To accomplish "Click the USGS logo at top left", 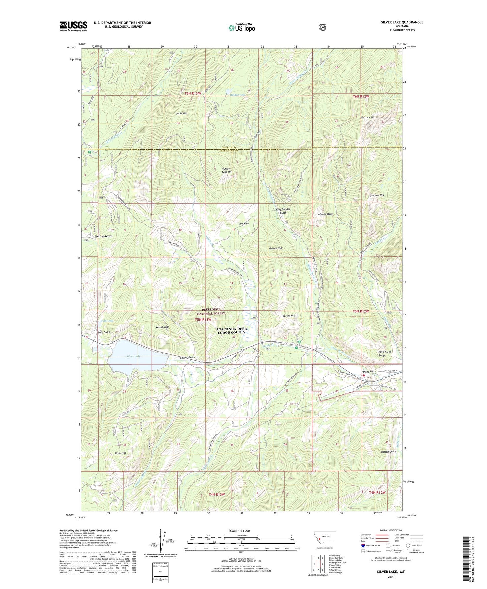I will click(x=73, y=26).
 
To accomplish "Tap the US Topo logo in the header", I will click(x=241, y=28).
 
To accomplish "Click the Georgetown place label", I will click(x=103, y=236).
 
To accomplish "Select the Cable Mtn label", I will click(x=182, y=113).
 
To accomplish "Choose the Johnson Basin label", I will click(x=325, y=214).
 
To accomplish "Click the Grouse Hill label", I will click(x=275, y=248).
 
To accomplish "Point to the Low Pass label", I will click(x=244, y=224).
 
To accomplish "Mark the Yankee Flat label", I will click(x=368, y=372).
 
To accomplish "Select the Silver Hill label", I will click(x=120, y=453).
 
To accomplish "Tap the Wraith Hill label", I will click(x=162, y=327).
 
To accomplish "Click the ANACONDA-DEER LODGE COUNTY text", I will click(x=231, y=331).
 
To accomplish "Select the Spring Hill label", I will click(x=289, y=316).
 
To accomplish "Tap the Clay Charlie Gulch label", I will click(x=283, y=211).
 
